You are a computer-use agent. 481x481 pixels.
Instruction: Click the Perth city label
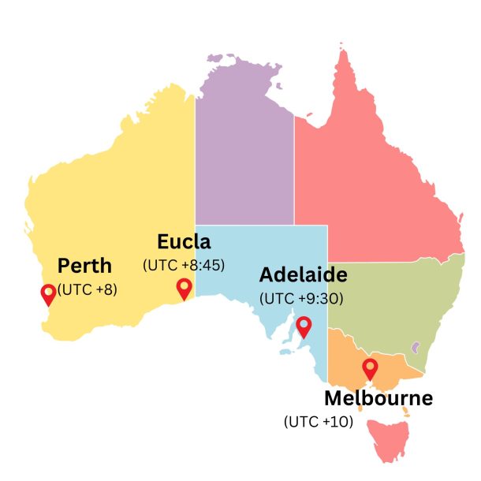pos(84,265)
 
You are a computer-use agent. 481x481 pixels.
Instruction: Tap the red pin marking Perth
pos(49,294)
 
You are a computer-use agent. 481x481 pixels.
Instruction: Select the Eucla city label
pos(184,241)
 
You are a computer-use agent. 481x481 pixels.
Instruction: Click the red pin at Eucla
pos(184,288)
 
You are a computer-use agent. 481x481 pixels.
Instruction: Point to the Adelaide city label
pos(303,275)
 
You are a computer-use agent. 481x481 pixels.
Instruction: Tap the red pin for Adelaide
pos(304,326)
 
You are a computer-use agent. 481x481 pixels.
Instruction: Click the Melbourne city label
pos(378,398)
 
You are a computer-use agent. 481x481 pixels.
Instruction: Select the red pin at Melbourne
pos(369,367)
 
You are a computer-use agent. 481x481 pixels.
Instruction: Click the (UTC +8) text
pos(88,289)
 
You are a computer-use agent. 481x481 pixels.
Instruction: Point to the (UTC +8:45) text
pos(184,265)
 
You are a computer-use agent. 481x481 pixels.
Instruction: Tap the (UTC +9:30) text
pos(301,299)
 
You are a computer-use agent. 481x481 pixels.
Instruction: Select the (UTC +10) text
pos(319,422)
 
